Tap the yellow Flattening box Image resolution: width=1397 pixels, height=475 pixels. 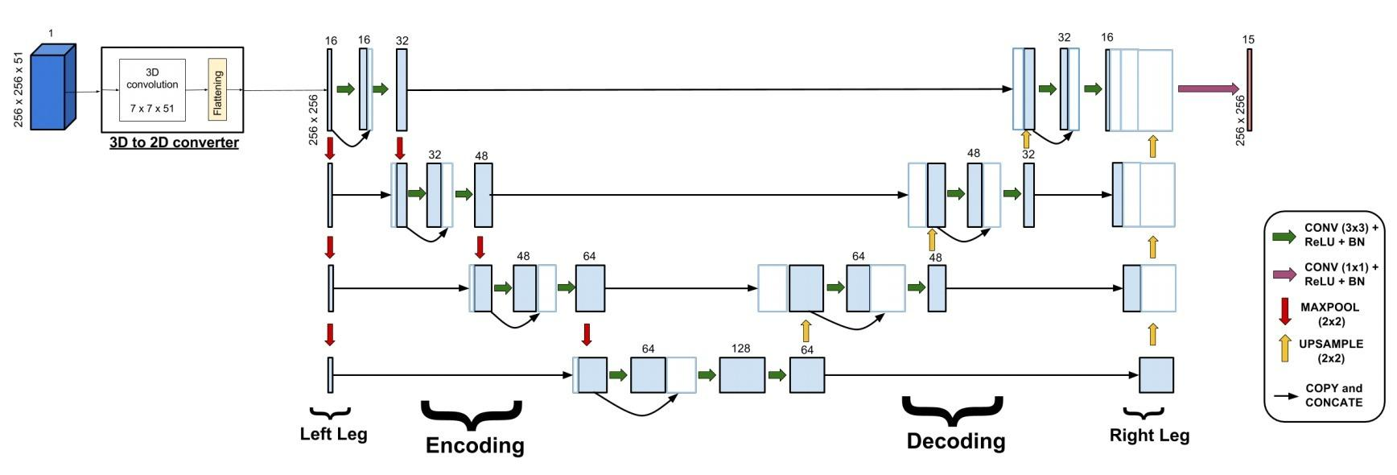click(217, 89)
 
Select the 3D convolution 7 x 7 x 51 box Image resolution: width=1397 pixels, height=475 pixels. click(152, 89)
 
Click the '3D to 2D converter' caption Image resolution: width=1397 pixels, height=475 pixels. click(174, 142)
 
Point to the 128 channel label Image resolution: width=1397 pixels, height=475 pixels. click(740, 349)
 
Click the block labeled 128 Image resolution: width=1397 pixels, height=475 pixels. click(742, 374)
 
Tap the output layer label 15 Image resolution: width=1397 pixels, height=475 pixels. click(1248, 39)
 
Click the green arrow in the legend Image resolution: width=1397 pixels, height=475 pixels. click(1284, 236)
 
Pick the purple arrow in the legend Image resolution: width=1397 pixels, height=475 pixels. click(1284, 275)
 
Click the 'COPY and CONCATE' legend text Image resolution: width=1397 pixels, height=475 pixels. click(1333, 394)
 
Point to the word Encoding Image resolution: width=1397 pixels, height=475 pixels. click(475, 445)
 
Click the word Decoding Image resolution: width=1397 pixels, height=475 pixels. click(956, 440)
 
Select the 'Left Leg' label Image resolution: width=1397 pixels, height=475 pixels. click(333, 434)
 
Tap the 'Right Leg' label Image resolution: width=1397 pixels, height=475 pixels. click(1149, 436)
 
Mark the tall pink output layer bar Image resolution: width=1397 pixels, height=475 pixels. click(1249, 89)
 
